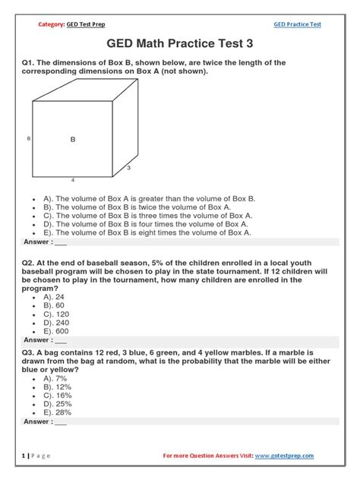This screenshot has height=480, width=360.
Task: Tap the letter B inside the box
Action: (73, 139)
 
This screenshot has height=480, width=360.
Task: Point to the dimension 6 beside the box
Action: (28, 139)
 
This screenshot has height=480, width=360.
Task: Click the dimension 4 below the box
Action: (73, 180)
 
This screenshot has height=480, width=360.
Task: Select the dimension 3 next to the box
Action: (128, 167)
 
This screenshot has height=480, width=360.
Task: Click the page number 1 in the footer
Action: (25, 456)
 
